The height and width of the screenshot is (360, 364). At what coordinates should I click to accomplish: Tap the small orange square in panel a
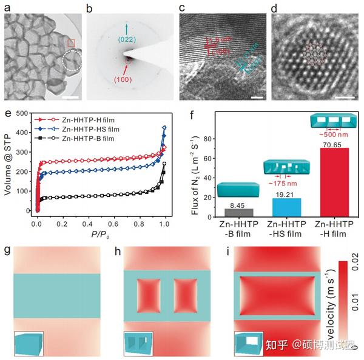click(x=71, y=42)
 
